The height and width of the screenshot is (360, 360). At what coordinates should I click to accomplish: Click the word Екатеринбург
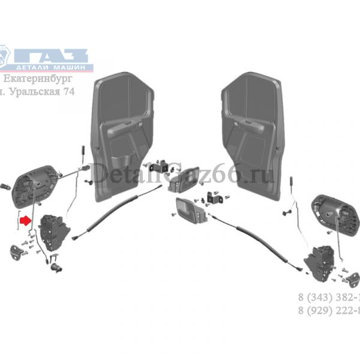click(37, 79)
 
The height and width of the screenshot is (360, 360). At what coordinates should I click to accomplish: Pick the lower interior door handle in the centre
click(187, 209)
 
